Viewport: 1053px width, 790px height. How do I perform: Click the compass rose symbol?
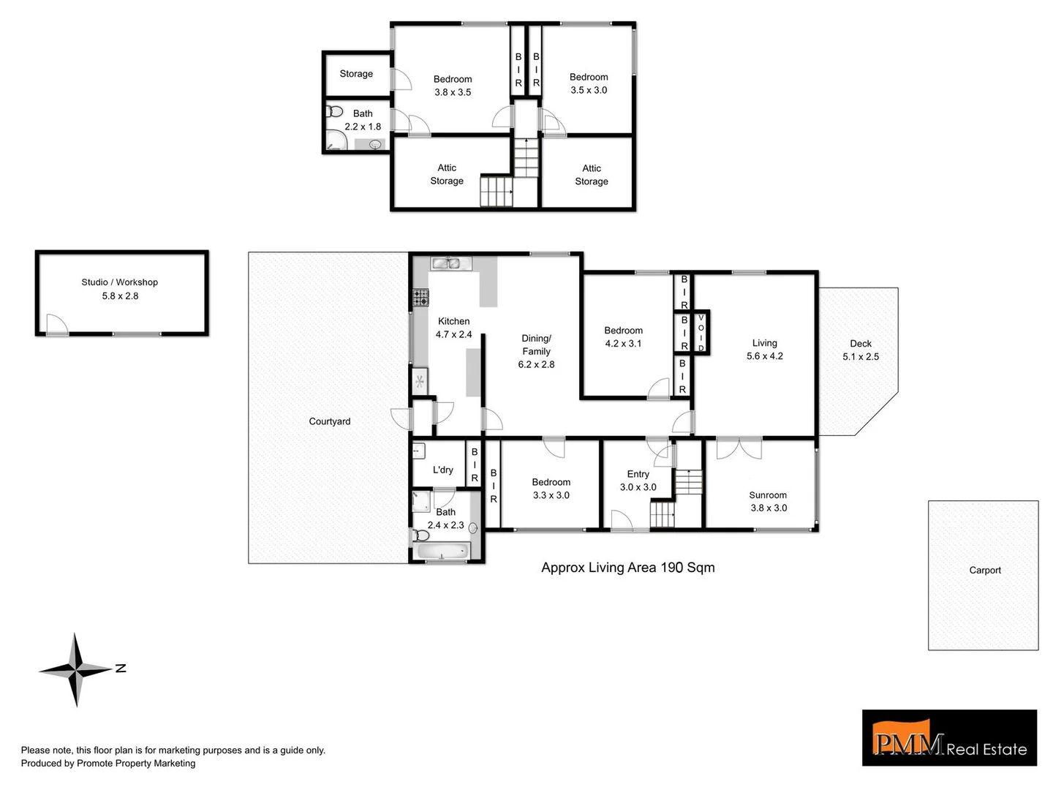click(x=76, y=669)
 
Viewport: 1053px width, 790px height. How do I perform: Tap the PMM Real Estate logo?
click(x=949, y=738)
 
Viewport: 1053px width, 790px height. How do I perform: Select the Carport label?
click(x=984, y=570)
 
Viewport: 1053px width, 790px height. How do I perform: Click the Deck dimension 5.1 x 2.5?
click(x=861, y=357)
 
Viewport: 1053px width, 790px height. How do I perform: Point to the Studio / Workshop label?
click(x=120, y=282)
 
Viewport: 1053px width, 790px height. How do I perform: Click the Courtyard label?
click(x=329, y=421)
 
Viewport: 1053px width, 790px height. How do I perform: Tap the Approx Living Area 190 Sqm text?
click(x=627, y=568)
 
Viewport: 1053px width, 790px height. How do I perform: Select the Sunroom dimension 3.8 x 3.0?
click(x=769, y=508)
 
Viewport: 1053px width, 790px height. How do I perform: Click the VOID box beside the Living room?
click(x=701, y=332)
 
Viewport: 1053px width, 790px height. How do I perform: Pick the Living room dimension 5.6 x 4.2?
click(x=765, y=356)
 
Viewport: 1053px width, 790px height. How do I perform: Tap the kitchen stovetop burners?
click(x=420, y=297)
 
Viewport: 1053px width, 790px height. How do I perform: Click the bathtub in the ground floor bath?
click(x=442, y=552)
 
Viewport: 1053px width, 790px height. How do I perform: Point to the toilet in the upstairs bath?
click(x=335, y=112)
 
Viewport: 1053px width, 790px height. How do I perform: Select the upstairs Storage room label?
click(x=356, y=74)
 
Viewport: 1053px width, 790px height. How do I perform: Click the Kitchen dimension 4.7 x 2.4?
click(x=453, y=334)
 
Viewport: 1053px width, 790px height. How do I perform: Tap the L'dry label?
click(x=442, y=470)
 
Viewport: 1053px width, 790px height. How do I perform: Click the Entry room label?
click(x=638, y=474)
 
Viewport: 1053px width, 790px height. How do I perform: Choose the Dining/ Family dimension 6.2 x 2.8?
click(x=536, y=364)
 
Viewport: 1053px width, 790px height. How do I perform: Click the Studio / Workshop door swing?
click(x=56, y=324)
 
